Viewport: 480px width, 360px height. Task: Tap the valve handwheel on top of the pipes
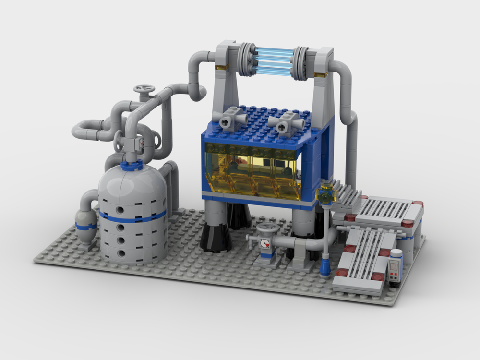[x=144, y=89]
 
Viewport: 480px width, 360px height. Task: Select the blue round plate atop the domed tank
[x=132, y=166]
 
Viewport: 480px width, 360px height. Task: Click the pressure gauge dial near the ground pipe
[x=265, y=242]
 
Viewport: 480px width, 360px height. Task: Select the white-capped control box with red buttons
[x=396, y=266]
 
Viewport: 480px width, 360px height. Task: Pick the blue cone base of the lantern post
[x=325, y=267]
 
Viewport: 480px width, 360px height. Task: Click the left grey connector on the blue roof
[x=231, y=119]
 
